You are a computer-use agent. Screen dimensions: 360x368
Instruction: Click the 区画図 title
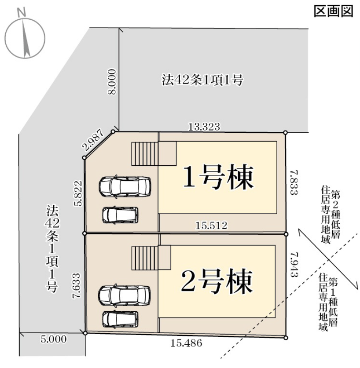pyautogui.click(x=334, y=11)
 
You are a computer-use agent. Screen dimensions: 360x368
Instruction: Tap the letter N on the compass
pyautogui.click(x=22, y=12)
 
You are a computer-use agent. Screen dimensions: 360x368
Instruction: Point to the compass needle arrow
pyautogui.click(x=26, y=39)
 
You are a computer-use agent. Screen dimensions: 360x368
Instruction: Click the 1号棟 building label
pyautogui.click(x=218, y=177)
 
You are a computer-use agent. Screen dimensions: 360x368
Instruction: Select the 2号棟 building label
pyautogui.click(x=217, y=281)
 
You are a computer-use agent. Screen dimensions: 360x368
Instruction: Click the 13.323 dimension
pyautogui.click(x=204, y=127)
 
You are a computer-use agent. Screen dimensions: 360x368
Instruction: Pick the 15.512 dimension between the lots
pyautogui.click(x=212, y=226)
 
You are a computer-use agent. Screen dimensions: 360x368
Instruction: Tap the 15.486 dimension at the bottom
pyautogui.click(x=186, y=343)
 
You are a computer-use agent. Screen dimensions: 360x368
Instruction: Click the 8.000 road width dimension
pyautogui.click(x=112, y=81)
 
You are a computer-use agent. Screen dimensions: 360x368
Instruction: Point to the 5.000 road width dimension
pyautogui.click(x=53, y=339)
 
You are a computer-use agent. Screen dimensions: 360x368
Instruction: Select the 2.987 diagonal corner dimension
pyautogui.click(x=93, y=140)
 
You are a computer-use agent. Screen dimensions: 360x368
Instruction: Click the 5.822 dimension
pyautogui.click(x=78, y=193)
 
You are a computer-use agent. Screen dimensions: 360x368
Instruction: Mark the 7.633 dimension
pyautogui.click(x=77, y=286)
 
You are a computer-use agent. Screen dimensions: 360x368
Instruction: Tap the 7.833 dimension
pyautogui.click(x=294, y=182)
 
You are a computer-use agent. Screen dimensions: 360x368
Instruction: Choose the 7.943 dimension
pyautogui.click(x=294, y=265)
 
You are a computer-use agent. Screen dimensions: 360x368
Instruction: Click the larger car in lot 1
pyautogui.click(x=125, y=187)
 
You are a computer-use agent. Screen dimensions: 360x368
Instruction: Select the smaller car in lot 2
pyautogui.click(x=120, y=319)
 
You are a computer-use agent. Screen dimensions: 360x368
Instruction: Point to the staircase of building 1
pyautogui.click(x=145, y=154)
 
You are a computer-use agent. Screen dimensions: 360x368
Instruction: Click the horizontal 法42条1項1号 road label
pyautogui.click(x=202, y=80)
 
